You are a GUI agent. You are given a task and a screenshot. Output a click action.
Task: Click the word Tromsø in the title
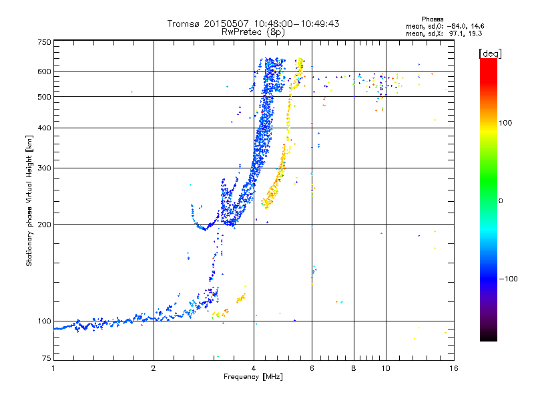tap(182, 23)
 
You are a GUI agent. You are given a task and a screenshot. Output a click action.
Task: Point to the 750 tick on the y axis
tap(44, 42)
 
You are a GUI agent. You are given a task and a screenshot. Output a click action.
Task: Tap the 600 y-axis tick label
tap(44, 72)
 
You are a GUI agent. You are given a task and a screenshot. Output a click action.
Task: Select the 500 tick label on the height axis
tap(44, 97)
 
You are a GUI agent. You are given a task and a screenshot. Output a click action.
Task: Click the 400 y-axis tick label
tap(44, 128)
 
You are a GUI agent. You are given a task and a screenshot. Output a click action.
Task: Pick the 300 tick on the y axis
tap(44, 168)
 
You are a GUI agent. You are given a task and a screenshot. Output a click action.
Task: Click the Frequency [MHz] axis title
tap(252, 377)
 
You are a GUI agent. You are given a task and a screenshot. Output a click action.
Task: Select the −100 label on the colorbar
tap(509, 279)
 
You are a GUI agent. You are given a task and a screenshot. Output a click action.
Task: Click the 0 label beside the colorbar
tap(501, 200)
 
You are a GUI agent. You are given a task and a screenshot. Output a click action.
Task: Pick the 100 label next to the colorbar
tap(507, 123)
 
